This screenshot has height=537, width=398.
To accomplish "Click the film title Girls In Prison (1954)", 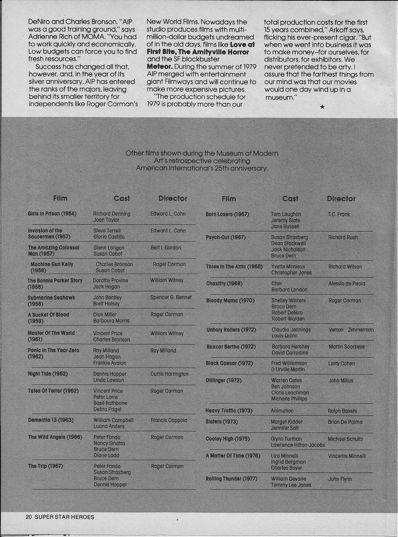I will pos(52,214).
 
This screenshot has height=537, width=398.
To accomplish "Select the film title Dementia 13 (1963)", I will pos(51,420).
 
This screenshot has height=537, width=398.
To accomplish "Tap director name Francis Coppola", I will pos(169,420).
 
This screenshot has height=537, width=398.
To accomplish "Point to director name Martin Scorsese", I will pos(346,346).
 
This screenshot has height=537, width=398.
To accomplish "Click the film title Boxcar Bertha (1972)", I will pos(231,346).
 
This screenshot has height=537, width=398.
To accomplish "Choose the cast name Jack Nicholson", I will pos(288,249).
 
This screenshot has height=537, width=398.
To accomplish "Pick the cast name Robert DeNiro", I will pos(287,313).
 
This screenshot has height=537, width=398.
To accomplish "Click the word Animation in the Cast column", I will pos(282,411).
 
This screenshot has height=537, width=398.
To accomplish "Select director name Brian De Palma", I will pos(345,422).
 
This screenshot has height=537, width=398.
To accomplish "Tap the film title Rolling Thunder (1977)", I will pos(231,478).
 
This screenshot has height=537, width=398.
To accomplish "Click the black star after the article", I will pos(322,107).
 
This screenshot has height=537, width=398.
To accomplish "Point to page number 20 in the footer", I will pos(28,517).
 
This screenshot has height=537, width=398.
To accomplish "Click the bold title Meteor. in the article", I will pos(160,66).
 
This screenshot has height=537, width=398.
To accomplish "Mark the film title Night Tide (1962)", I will pos(47,374).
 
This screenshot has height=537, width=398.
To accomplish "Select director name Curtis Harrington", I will pos(169,374).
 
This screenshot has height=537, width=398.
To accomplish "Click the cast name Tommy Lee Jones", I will pos(291,485).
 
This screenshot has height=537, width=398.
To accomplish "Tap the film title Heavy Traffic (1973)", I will pos(229,411).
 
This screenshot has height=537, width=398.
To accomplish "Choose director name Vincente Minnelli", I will pos(347,456).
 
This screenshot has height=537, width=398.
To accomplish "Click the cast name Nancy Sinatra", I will pos(109,443).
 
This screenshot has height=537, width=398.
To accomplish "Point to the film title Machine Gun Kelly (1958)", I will pos(51,267).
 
